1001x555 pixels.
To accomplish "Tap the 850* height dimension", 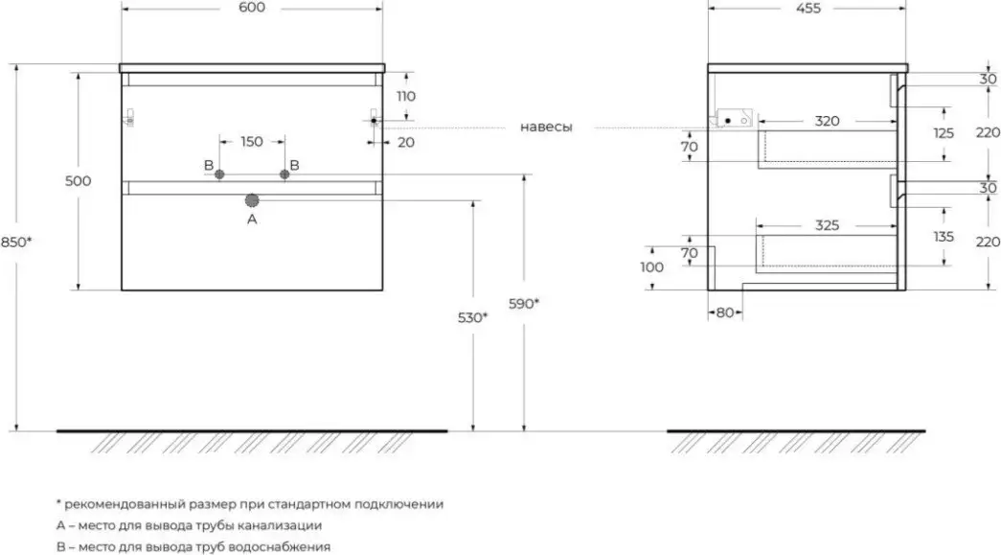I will [x=17, y=242].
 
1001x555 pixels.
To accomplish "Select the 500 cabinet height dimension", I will [x=79, y=181].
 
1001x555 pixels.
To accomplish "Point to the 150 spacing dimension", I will [x=251, y=142].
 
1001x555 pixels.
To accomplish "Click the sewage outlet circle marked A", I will [x=252, y=200].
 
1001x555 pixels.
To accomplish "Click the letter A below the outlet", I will [x=252, y=219].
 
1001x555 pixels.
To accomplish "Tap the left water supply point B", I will [x=219, y=173].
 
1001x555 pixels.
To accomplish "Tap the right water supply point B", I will [x=284, y=173].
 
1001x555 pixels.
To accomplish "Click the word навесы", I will [x=547, y=127].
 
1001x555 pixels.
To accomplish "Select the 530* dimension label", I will [x=473, y=317].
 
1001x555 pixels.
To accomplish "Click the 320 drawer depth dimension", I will [x=828, y=121].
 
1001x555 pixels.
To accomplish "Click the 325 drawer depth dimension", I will [x=828, y=226].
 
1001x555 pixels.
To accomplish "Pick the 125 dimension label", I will [x=944, y=133].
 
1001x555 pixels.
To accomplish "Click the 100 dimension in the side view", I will [x=650, y=267].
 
